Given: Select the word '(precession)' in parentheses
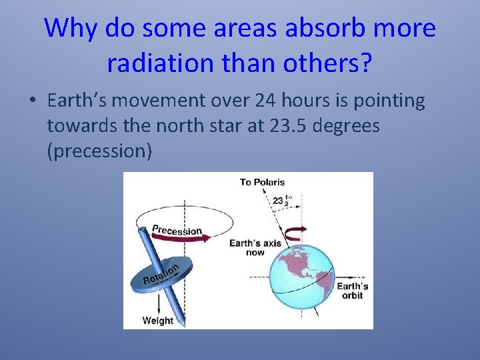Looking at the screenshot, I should [99, 151].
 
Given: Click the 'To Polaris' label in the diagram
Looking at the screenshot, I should [263, 182].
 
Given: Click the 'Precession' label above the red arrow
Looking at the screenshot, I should [177, 231].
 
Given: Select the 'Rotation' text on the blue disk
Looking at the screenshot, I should [161, 274].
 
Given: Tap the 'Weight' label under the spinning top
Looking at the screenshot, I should [158, 321].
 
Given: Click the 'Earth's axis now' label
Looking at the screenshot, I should [255, 247].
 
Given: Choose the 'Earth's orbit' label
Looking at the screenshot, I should [352, 291].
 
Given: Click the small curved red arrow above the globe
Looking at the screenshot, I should [294, 231].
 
